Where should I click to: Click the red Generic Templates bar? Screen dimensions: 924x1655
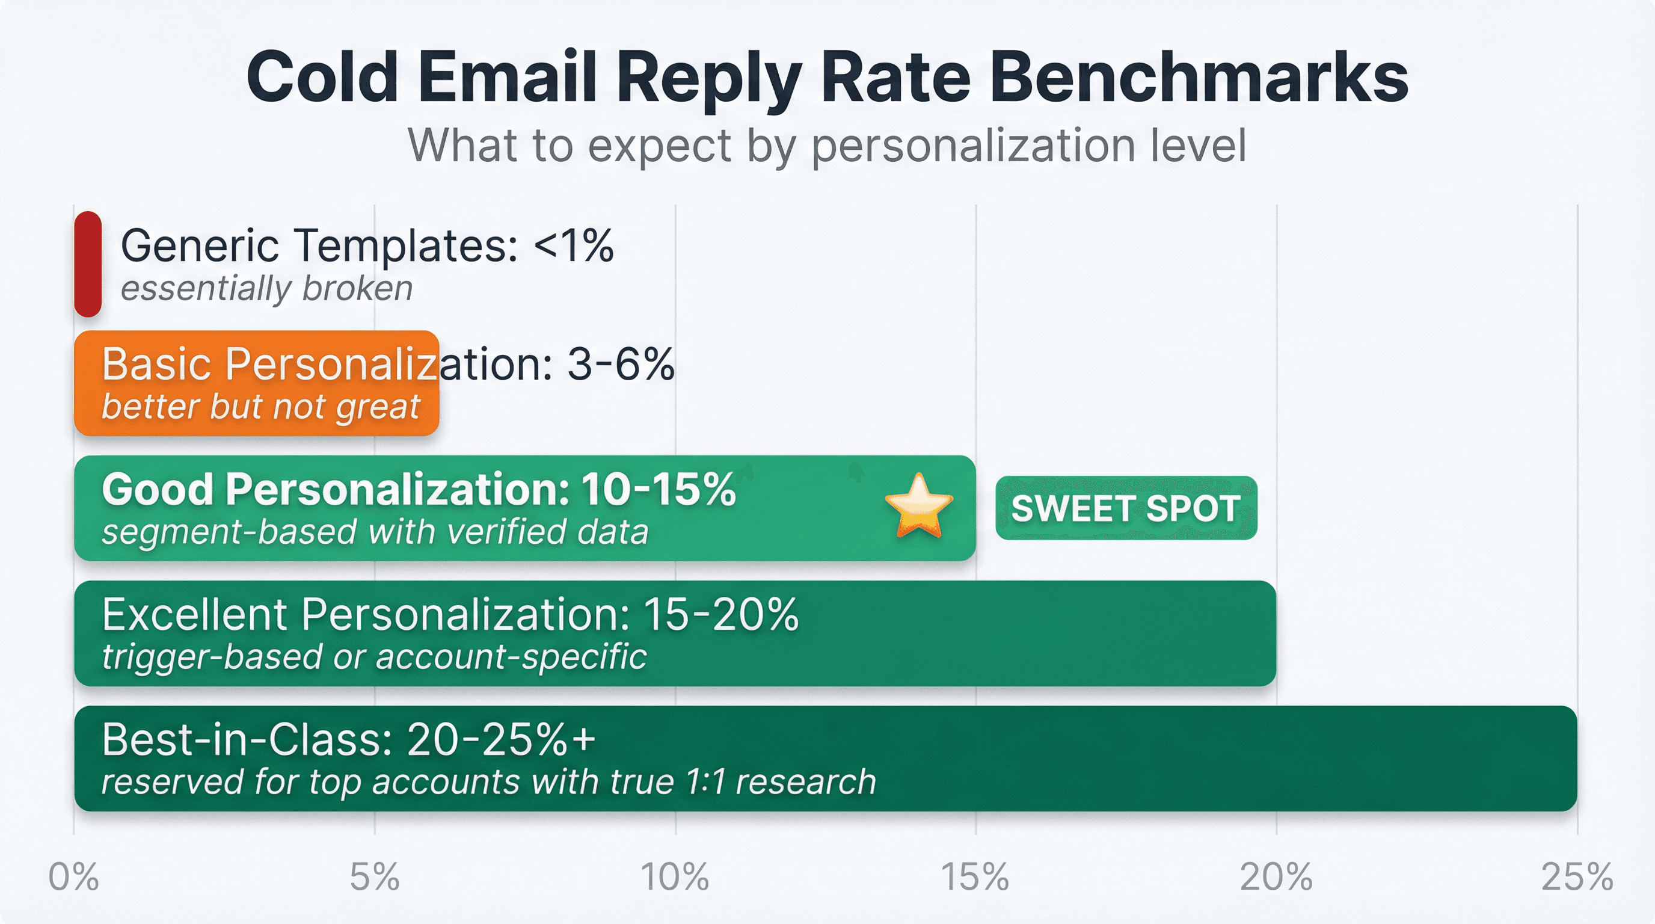tap(88, 263)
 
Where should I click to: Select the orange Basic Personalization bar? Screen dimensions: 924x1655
tap(257, 383)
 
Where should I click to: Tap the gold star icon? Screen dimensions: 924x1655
tap(919, 507)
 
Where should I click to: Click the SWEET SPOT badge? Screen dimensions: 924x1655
tap(1126, 508)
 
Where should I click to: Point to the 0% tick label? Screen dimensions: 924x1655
tap(74, 876)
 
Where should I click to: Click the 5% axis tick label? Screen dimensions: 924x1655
tap(375, 876)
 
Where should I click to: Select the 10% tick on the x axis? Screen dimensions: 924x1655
tap(675, 876)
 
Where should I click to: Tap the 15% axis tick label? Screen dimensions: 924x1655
tap(975, 876)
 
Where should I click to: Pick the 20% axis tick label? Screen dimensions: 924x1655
tap(1276, 876)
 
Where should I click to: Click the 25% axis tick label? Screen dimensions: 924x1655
tap(1577, 876)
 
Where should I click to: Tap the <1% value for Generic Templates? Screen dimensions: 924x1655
tap(574, 245)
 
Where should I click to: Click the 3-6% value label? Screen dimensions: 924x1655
tap(621, 365)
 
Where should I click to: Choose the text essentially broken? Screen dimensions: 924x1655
tap(266, 289)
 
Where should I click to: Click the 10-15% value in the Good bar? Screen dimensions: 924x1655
tap(659, 490)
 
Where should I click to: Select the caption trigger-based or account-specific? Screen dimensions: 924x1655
tap(374, 657)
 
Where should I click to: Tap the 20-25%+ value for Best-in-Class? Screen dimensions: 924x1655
tap(501, 739)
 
